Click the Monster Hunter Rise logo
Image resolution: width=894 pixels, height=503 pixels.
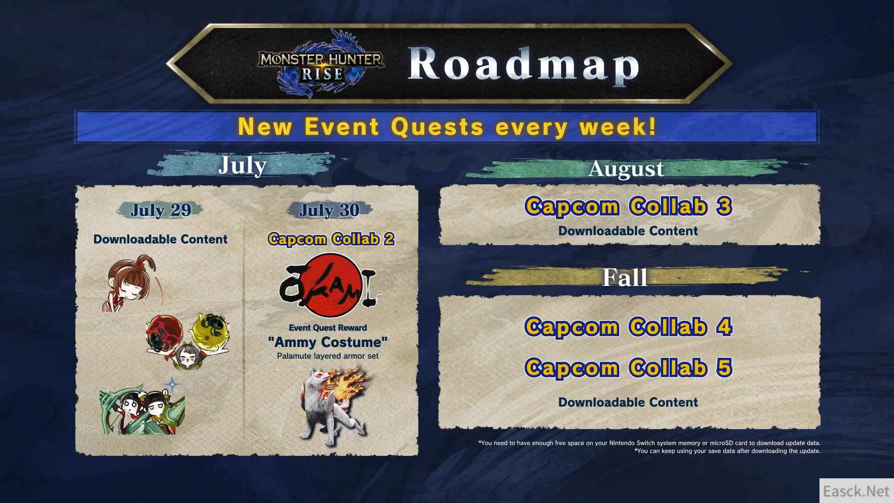321,63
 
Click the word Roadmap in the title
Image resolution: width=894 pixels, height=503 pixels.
524,65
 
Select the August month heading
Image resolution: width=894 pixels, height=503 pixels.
626,169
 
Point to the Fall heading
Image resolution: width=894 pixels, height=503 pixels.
624,278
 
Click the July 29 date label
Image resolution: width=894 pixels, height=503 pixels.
161,210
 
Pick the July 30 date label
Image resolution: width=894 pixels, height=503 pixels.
329,210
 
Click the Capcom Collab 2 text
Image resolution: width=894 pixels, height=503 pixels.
331,239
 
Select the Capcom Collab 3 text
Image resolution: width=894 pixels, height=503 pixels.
628,206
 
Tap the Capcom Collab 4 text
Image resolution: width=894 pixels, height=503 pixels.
628,326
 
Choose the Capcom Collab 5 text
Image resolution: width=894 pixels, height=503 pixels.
628,367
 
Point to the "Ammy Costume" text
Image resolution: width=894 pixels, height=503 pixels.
328,342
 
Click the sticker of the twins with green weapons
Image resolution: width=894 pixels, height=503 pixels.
142,408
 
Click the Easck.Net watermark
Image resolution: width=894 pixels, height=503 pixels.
856,491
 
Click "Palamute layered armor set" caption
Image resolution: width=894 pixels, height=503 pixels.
328,356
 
